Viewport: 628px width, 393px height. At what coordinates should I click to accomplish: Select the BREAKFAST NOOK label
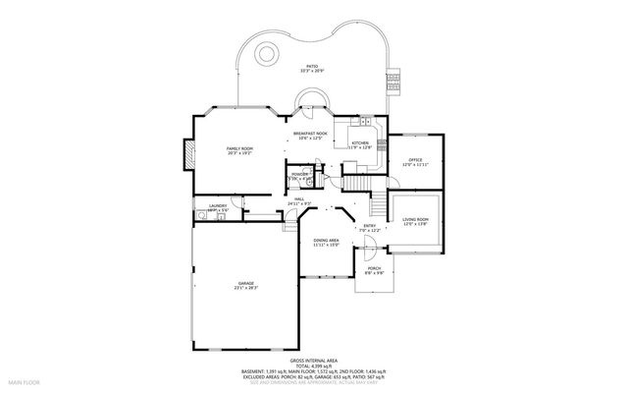point(310,135)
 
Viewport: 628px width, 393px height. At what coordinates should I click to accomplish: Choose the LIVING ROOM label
point(416,221)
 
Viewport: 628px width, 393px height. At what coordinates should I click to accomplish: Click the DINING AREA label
point(326,242)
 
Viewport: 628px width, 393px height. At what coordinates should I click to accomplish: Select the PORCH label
point(374,269)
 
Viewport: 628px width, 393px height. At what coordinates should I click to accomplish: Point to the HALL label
point(299,200)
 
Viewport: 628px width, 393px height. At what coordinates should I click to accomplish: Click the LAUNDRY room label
point(218,207)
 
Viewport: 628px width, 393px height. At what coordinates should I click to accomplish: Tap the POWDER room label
point(299,175)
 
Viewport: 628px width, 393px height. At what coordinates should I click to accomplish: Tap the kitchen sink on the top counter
point(365,122)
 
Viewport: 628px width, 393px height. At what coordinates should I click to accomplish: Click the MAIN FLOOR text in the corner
point(24,380)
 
